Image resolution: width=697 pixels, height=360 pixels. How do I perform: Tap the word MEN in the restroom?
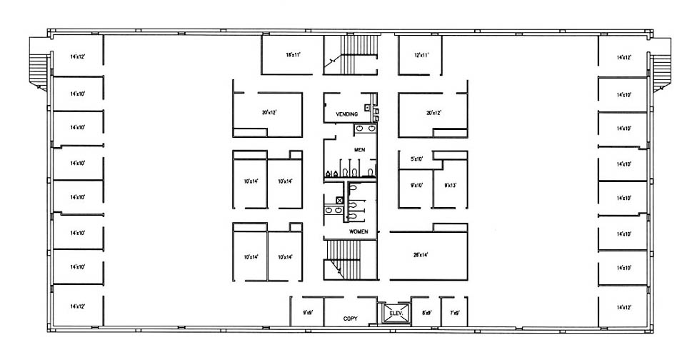pos(359,149)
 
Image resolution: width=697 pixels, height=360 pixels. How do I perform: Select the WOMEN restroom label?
pos(358,232)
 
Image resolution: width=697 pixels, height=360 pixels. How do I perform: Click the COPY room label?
pos(350,319)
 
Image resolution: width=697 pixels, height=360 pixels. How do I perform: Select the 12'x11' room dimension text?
pos(421,54)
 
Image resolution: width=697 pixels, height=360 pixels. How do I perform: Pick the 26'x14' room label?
pos(421,254)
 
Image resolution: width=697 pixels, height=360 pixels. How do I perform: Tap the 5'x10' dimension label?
pos(418,159)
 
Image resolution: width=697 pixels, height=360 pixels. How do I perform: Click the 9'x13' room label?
pos(451,185)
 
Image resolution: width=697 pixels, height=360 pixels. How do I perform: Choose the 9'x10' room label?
pos(417,185)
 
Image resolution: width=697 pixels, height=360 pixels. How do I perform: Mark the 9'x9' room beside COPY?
pos(308,311)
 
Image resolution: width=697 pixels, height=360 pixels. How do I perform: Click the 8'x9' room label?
pos(426,311)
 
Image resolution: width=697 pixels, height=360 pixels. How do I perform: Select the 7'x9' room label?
pos(454,311)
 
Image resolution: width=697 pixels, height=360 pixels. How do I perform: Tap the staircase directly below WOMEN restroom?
pos(349,259)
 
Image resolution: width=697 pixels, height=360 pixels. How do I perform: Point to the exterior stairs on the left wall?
pos(38,62)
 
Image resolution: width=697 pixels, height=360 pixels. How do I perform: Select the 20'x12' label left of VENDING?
pos(268,112)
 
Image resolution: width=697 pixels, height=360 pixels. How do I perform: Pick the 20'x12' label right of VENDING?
pos(433,112)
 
